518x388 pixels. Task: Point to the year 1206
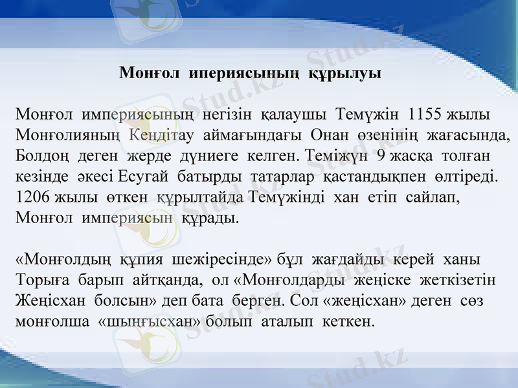32,197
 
